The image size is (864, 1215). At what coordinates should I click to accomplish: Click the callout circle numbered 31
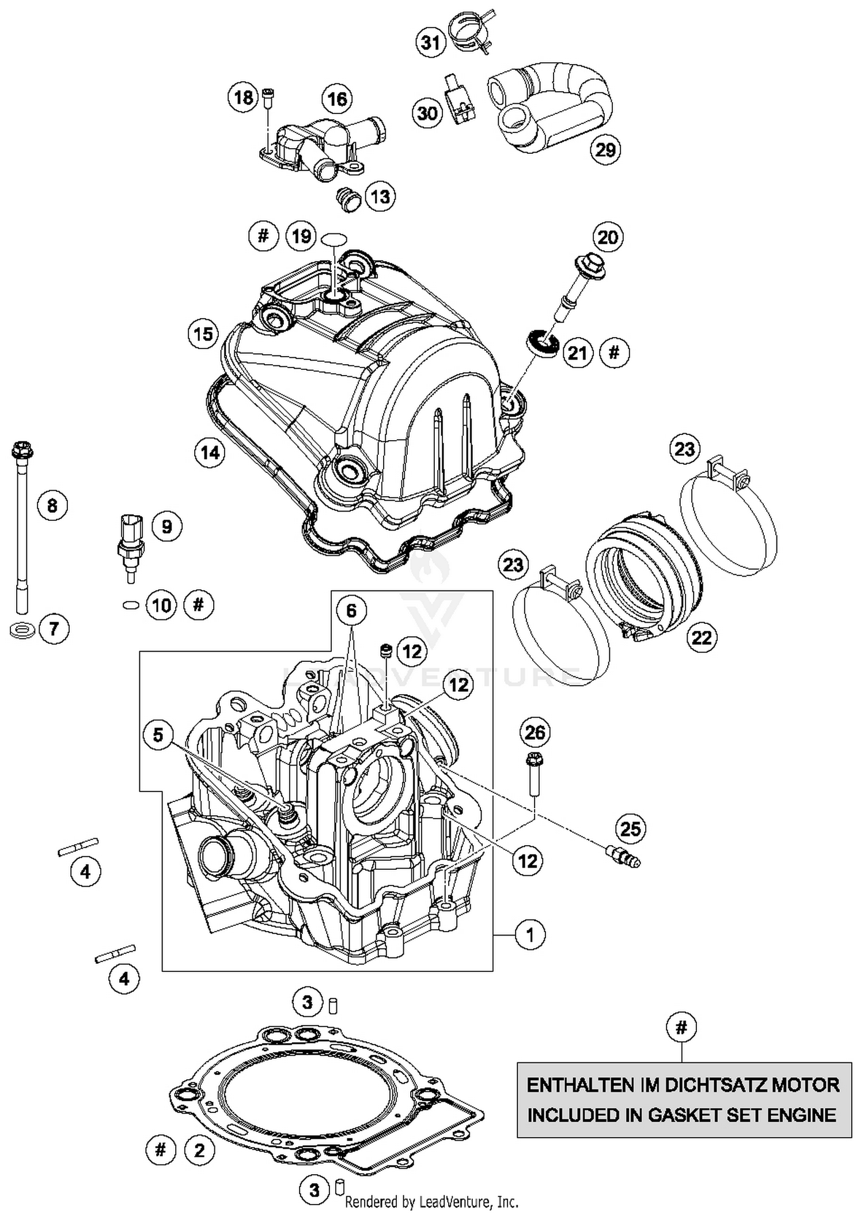click(x=431, y=42)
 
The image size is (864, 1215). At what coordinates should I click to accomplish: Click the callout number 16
click(x=337, y=99)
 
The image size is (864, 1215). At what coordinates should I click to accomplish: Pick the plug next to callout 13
click(x=347, y=199)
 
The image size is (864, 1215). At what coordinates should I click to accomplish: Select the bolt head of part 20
click(x=589, y=267)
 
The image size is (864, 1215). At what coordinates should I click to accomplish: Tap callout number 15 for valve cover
click(x=203, y=334)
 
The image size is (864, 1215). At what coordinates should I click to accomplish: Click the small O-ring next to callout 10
click(x=131, y=605)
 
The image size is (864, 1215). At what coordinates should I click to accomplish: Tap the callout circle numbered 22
click(x=702, y=638)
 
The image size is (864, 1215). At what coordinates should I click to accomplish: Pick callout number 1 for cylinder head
click(x=530, y=934)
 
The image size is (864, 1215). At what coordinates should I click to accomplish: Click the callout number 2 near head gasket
click(x=199, y=1150)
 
